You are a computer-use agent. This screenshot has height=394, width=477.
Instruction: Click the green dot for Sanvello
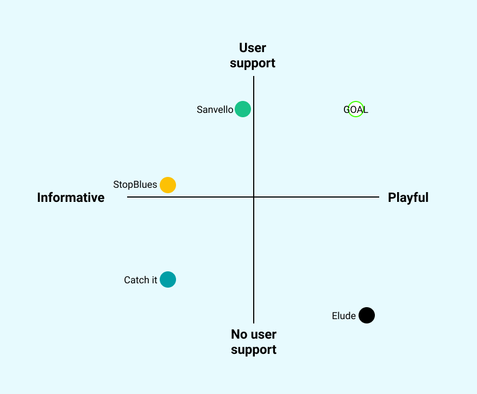[243, 109]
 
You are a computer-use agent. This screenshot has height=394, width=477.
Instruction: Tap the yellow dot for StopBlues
[168, 185]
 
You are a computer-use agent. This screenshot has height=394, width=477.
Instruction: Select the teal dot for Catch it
[168, 279]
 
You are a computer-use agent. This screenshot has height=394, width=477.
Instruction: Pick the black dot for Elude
[367, 315]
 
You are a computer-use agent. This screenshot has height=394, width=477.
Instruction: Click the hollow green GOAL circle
[355, 110]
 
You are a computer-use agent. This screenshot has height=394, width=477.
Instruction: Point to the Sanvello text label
[215, 110]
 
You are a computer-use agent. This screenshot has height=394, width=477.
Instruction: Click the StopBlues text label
[135, 185]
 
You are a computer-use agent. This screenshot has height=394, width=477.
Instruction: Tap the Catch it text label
[140, 280]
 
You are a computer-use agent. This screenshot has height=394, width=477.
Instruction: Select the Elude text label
[343, 316]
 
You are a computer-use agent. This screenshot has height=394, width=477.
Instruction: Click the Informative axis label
[71, 198]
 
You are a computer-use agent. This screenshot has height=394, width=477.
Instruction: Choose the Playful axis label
[408, 198]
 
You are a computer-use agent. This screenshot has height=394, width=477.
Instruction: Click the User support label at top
[253, 56]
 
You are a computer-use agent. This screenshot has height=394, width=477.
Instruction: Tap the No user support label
[254, 342]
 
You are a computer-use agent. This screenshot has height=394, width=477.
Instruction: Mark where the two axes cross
[254, 197]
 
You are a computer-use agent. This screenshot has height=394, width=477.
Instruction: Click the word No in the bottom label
[240, 334]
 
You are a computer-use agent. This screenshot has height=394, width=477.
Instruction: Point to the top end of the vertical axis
[254, 77]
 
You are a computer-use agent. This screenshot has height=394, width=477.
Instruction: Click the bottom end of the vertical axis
[254, 322]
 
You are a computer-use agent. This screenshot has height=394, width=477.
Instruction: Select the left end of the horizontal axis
[128, 197]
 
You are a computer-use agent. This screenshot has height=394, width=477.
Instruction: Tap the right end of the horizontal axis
[378, 197]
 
